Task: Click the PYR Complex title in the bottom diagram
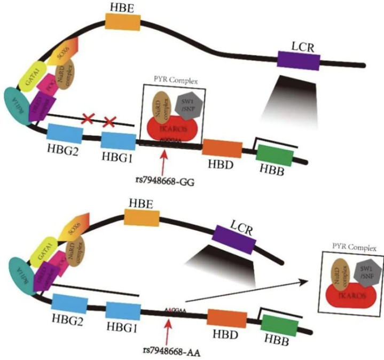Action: point(355,247)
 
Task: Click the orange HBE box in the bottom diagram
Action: point(142,217)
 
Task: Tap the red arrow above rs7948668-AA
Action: point(168,331)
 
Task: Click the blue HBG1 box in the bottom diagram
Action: point(122,312)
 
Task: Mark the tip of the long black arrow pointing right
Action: point(308,281)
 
